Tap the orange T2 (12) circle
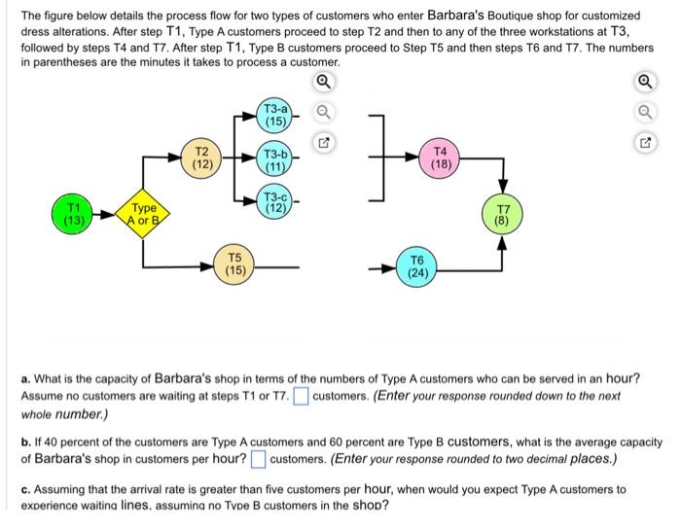202,158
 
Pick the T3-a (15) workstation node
276,116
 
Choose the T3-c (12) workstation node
276,202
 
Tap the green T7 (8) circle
503,214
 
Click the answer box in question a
302,395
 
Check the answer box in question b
258,457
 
